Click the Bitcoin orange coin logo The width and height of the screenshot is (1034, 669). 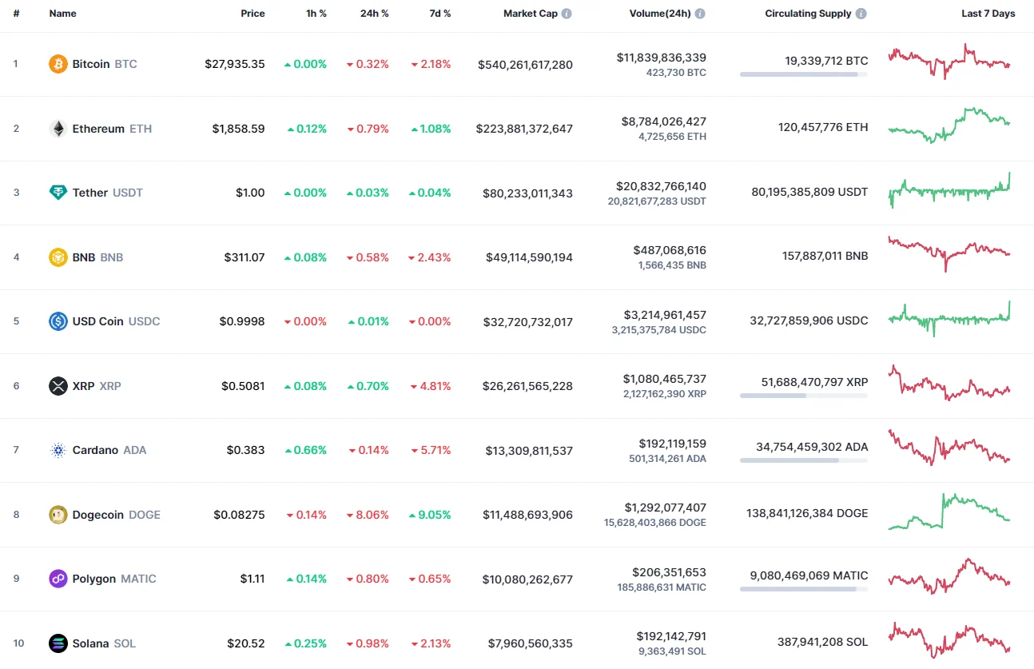point(58,64)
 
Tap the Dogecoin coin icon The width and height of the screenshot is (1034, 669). point(58,515)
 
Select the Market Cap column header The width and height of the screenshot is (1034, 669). point(531,14)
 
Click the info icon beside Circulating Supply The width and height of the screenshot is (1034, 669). point(861,14)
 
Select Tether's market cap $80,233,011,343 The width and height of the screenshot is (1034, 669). point(527,193)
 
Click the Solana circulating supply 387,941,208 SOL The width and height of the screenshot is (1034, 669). point(822,641)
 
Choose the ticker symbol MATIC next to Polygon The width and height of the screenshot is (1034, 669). point(138,579)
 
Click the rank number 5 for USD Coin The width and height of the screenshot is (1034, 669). point(16,321)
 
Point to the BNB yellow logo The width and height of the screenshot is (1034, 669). point(58,257)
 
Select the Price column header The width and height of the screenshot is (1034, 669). point(253,14)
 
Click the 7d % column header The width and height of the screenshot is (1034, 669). point(439,14)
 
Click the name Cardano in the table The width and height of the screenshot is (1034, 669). point(95,450)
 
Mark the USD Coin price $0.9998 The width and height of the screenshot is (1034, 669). point(242,321)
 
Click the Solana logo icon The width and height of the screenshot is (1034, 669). point(58,643)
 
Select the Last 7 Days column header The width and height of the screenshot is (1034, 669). point(988,14)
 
